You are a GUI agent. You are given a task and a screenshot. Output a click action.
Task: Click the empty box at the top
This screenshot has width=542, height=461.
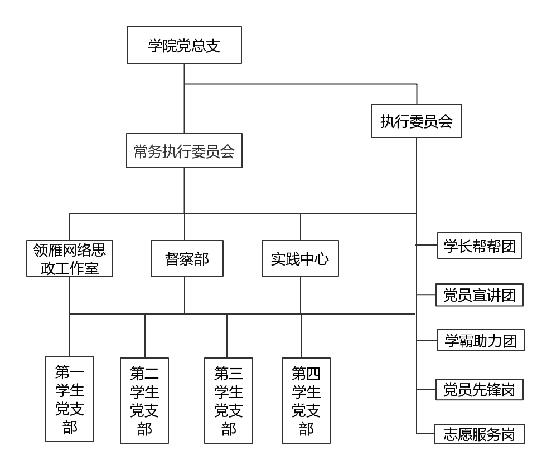(184, 45)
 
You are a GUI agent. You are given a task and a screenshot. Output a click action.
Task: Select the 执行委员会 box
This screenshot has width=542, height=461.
(417, 121)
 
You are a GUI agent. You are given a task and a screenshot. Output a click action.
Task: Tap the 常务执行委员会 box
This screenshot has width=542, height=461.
(184, 150)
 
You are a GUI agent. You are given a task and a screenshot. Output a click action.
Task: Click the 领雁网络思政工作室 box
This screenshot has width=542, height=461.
(70, 258)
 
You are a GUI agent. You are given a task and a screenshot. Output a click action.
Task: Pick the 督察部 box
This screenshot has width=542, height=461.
(187, 258)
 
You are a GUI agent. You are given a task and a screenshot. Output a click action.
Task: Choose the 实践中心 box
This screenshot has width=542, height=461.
(300, 258)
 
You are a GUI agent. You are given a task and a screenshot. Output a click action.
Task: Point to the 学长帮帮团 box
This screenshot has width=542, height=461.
(480, 246)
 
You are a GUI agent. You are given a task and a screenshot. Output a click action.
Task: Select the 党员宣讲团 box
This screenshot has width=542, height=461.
(480, 295)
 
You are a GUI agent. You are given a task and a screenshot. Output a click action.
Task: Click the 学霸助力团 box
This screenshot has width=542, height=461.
(480, 340)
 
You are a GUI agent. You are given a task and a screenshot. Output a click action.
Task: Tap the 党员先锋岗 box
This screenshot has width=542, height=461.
(480, 389)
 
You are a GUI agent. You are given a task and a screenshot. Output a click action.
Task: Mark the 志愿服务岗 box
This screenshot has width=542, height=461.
(480, 434)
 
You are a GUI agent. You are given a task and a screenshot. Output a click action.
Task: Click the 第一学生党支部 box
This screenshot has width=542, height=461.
(70, 399)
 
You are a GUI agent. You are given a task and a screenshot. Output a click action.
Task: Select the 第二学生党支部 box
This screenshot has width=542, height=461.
(144, 400)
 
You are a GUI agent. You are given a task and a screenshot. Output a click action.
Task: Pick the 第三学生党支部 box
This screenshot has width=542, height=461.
(229, 400)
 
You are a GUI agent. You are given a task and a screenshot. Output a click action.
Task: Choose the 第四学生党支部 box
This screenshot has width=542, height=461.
(306, 400)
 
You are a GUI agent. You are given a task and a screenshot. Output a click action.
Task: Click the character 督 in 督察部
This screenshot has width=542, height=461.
(172, 259)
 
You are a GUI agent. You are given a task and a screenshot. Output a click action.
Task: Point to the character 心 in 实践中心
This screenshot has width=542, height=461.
(322, 259)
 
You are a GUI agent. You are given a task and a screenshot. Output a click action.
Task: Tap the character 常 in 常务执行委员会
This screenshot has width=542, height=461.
(141, 151)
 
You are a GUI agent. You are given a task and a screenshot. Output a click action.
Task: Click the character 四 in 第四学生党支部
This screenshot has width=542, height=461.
(313, 373)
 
